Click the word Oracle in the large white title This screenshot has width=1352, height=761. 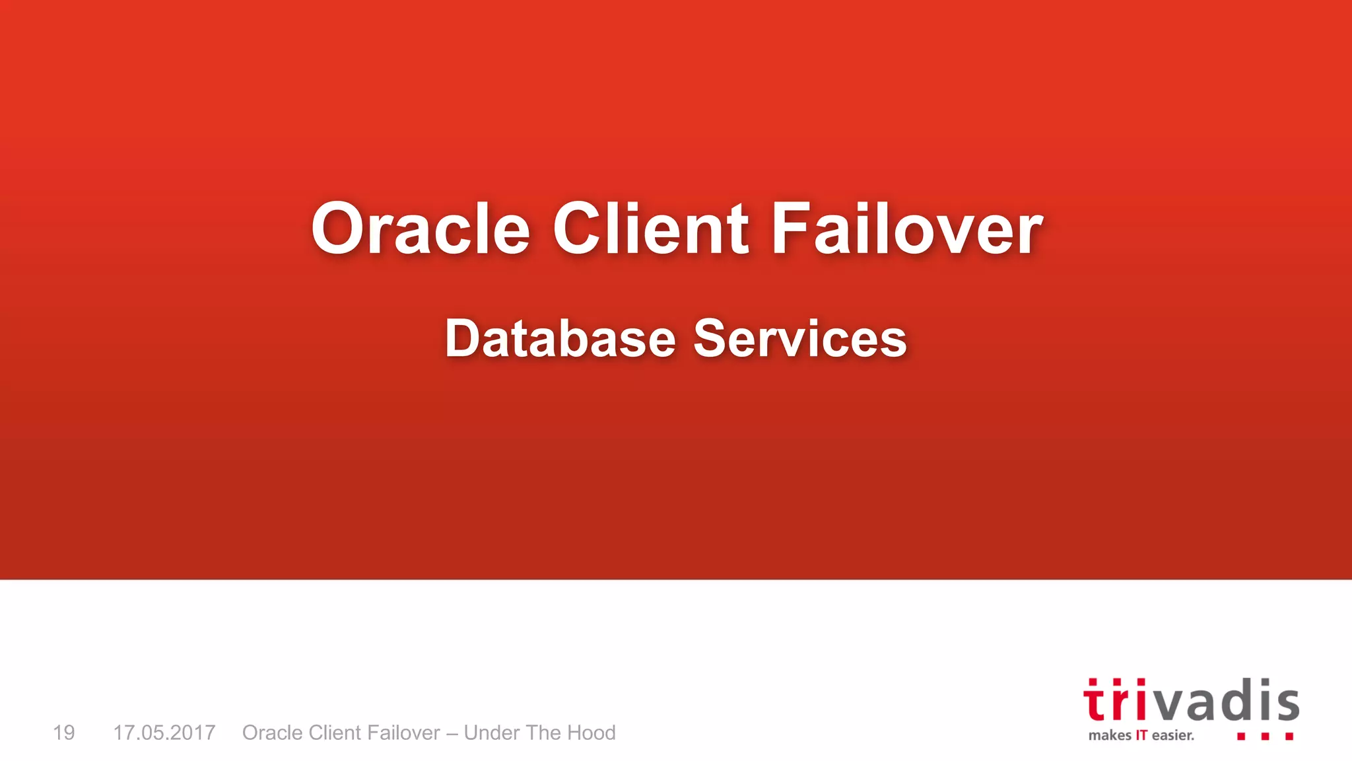(x=421, y=229)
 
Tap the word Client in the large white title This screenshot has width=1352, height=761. (x=650, y=229)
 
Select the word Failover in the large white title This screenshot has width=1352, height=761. (x=907, y=229)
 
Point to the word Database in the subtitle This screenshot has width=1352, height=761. (x=560, y=338)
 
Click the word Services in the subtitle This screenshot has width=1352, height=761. (x=800, y=338)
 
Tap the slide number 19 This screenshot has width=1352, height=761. (x=64, y=733)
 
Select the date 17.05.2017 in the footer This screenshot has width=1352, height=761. (x=164, y=733)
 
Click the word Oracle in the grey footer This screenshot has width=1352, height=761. (x=273, y=733)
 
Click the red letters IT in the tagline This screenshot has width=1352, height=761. (x=1141, y=735)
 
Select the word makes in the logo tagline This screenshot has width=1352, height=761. (x=1110, y=735)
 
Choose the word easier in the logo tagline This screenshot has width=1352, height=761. (x=1172, y=735)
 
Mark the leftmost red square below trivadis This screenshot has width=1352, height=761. (x=1241, y=736)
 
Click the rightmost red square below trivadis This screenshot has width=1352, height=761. (x=1289, y=736)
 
